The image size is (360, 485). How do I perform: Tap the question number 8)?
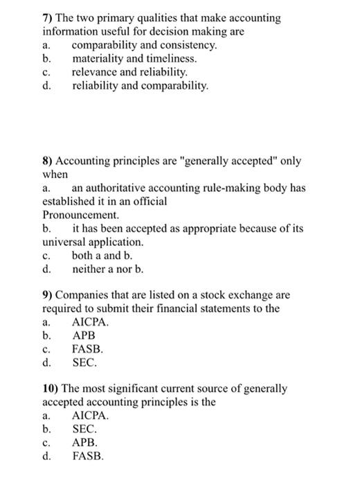[48, 161]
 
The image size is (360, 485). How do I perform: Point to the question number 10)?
[52, 390]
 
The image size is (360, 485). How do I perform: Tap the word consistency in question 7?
[188, 45]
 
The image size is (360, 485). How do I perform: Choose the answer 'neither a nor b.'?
[107, 269]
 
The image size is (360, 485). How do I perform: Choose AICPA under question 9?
[91, 322]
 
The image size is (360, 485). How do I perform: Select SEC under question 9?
[85, 362]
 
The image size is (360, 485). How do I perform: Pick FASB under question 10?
[88, 457]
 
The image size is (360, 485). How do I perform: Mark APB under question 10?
[85, 443]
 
